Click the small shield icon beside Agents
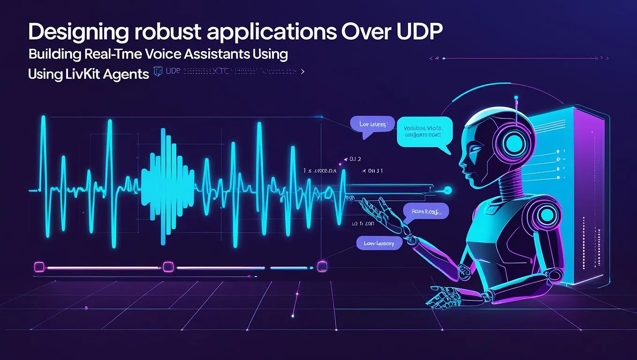pos(158,71)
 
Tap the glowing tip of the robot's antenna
pos(516,98)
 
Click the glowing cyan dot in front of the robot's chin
pos(447,190)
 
